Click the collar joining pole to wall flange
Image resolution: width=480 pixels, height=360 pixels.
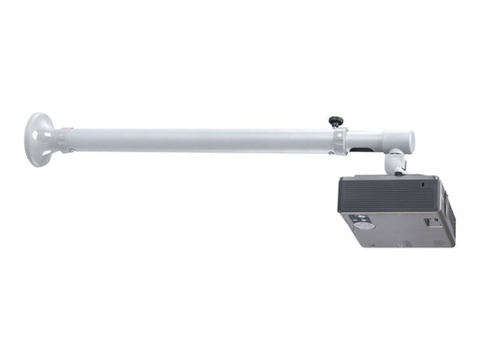coord(63,139)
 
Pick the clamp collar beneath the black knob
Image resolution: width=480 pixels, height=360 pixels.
coord(339,139)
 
